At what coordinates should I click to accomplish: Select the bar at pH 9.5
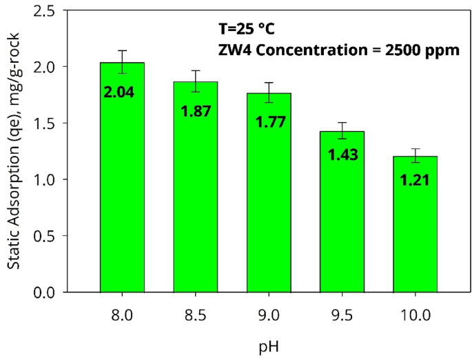[x=342, y=228]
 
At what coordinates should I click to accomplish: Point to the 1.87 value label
[x=195, y=110]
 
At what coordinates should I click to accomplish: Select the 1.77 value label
[x=269, y=122]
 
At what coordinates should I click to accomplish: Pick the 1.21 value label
[x=415, y=181]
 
